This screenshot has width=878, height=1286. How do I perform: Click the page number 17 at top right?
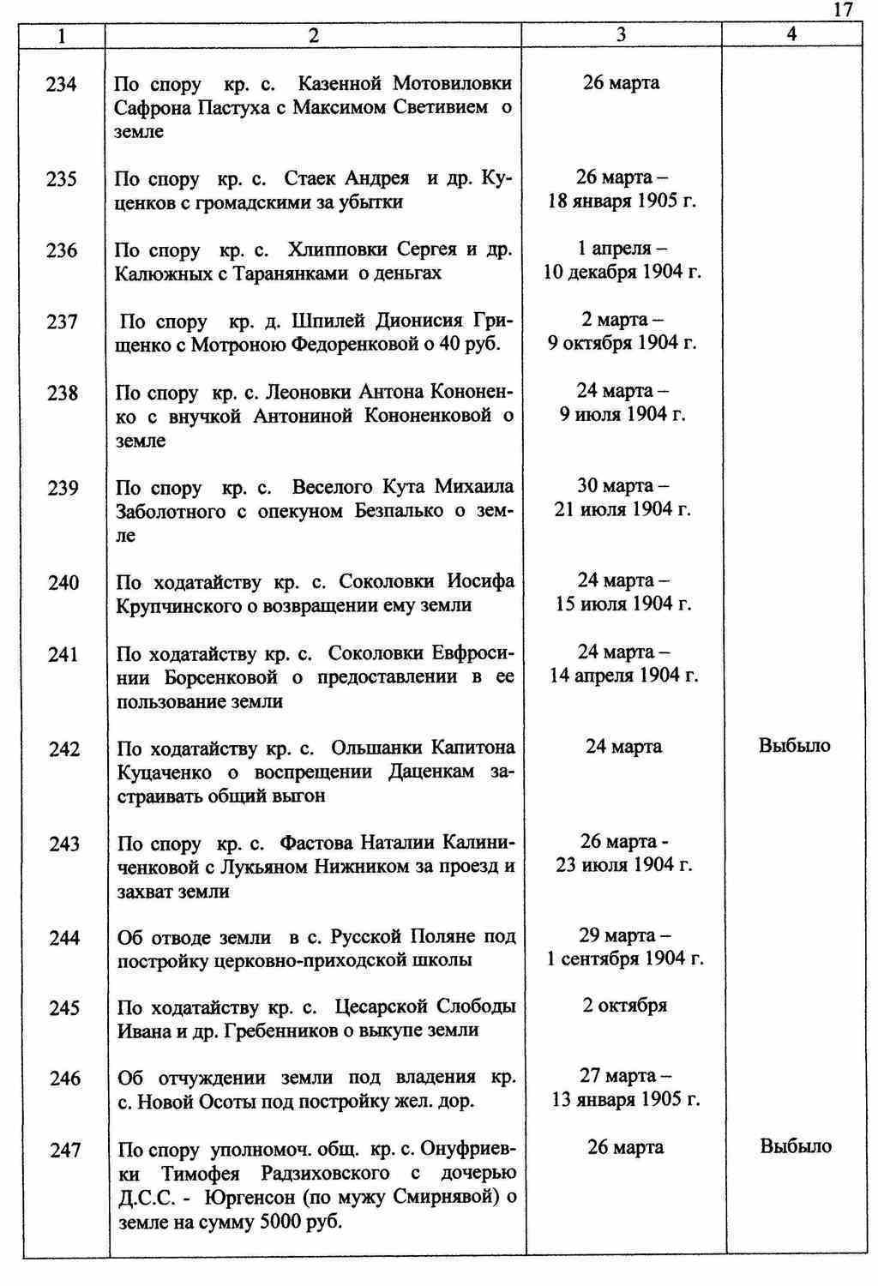(843, 9)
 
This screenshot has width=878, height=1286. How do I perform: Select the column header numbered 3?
(621, 34)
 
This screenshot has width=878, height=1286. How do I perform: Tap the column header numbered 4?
(791, 34)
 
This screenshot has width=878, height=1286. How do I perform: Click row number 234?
(63, 84)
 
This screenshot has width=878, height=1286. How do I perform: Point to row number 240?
(63, 584)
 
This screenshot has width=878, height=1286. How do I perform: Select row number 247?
(64, 1151)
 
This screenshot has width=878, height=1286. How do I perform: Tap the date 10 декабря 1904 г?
(622, 273)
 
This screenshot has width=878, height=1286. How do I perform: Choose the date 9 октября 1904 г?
(622, 343)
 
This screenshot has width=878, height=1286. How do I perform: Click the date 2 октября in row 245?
(624, 1006)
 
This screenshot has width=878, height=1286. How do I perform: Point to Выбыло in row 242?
(795, 746)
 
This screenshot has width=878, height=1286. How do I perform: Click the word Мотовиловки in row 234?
(452, 83)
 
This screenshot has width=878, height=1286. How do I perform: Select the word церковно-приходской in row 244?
(307, 960)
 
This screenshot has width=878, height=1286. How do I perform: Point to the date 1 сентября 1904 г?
(625, 958)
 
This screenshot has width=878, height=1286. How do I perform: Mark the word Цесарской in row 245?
(382, 1007)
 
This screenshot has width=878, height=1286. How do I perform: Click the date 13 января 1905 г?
(626, 1100)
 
